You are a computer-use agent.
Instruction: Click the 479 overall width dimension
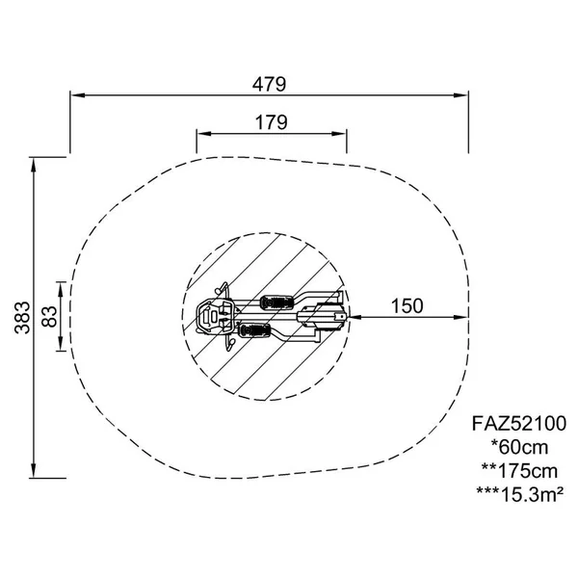point(269,85)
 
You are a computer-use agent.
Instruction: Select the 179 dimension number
point(272,122)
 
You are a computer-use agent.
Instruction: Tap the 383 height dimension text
point(22,318)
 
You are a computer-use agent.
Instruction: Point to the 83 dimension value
point(49,317)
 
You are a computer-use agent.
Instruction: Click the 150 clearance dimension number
point(407,306)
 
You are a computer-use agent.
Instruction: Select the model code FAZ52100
point(519,424)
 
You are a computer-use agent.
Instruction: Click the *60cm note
point(520,447)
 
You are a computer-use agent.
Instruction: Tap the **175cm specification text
point(520,471)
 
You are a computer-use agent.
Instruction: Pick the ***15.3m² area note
point(520,494)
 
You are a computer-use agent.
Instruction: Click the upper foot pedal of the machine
point(277,302)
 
